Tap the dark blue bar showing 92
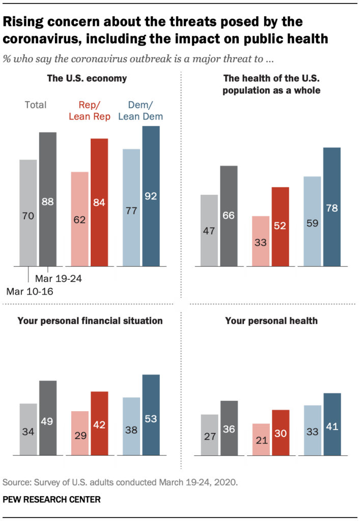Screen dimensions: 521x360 [x=151, y=196]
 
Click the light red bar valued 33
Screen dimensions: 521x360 [x=261, y=241]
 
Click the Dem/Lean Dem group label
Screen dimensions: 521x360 [x=141, y=110]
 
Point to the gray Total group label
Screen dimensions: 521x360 [x=35, y=105]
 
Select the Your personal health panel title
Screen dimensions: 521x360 [x=271, y=321]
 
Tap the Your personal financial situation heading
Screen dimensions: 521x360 [x=90, y=321]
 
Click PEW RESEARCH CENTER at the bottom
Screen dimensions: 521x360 [x=52, y=500]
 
